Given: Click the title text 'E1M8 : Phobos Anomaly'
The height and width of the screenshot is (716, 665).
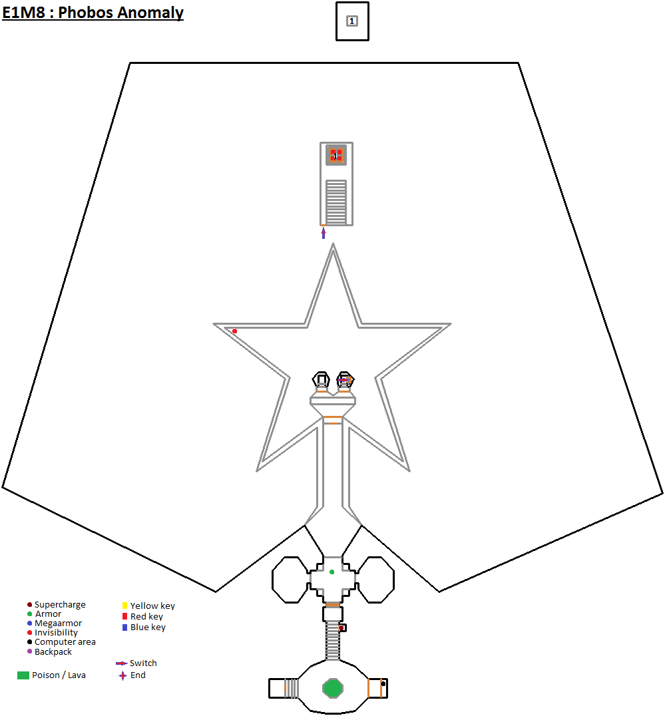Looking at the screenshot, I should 93,13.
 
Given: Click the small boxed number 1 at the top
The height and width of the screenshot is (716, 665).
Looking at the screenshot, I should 352,21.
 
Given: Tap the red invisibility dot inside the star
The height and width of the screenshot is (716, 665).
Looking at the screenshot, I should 234,331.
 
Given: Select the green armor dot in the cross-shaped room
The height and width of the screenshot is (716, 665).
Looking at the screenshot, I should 332,572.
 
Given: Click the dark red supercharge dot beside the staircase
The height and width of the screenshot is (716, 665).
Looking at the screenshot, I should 341,628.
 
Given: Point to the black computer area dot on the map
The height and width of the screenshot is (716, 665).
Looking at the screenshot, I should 383,683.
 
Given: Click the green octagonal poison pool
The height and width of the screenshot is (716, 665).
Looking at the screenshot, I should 333,687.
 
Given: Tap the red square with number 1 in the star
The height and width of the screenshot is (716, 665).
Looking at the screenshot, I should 336,155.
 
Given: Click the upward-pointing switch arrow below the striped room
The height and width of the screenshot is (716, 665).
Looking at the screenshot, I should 324,233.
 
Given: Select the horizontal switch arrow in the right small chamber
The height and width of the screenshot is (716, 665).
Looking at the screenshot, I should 344,380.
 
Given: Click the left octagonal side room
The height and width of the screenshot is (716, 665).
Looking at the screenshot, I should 291,580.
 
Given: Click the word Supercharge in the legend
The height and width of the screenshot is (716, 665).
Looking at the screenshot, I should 60,605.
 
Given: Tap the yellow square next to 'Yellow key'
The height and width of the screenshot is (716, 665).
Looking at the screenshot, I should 124,606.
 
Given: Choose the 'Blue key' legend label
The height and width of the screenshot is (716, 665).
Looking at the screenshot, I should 148,627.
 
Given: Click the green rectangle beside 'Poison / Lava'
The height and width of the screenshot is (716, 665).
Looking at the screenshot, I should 23,675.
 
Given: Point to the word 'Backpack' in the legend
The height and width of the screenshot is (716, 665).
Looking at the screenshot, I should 53,652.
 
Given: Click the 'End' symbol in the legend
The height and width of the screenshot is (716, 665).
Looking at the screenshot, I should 122,675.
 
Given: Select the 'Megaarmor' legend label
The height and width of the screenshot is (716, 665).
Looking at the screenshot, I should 58,624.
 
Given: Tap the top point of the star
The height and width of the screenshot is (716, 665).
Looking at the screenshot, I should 332,246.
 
